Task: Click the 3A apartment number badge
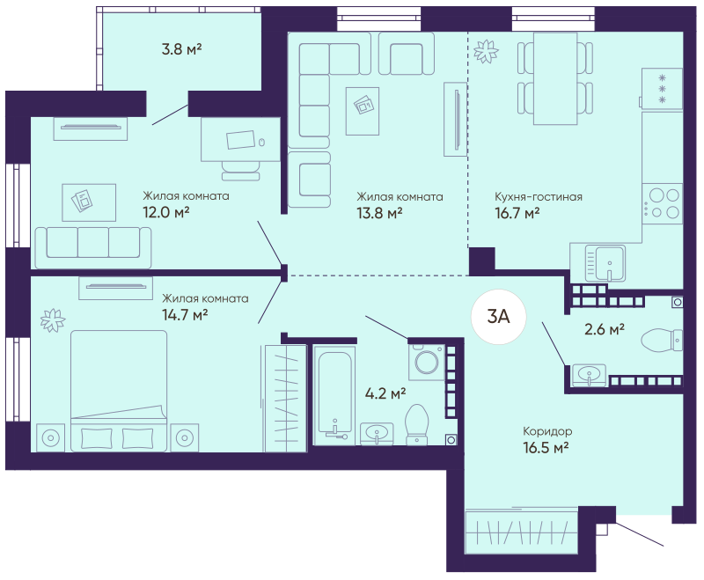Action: (498, 317)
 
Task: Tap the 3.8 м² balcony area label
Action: (181, 49)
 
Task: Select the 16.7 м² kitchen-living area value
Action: (517, 213)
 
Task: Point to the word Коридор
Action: (547, 431)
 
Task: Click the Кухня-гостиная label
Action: (539, 196)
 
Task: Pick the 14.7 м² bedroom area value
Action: (185, 315)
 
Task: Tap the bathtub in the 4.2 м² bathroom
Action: (334, 395)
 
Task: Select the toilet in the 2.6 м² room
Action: (662, 341)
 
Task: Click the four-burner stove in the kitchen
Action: (663, 203)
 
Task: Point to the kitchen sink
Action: (605, 263)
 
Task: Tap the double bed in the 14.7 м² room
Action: (119, 391)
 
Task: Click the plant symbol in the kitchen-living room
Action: (486, 51)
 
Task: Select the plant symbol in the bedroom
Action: (53, 320)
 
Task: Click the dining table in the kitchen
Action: (555, 78)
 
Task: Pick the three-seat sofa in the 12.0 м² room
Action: (93, 247)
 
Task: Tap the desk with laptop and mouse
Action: (240, 139)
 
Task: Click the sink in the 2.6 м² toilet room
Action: (589, 374)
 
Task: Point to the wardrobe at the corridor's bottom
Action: (522, 531)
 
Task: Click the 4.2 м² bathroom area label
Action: (385, 393)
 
